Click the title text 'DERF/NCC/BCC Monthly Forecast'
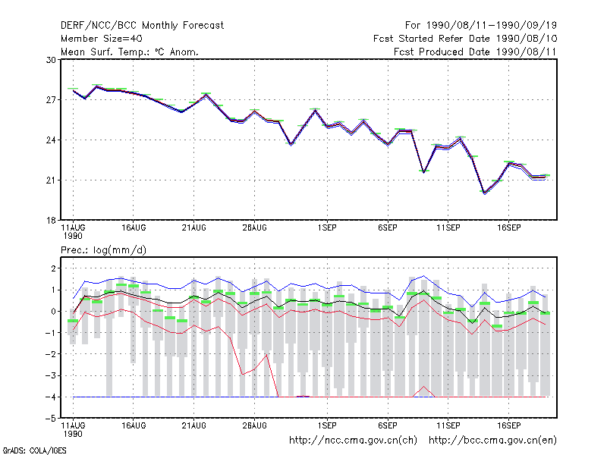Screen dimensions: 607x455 (x=142, y=26)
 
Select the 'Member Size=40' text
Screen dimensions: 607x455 (x=102, y=39)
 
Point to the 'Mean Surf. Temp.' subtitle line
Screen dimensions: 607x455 (x=130, y=52)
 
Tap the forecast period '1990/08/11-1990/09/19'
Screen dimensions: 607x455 (x=492, y=26)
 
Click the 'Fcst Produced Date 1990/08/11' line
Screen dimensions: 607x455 (x=475, y=52)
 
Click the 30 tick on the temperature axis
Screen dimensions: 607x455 (x=51, y=60)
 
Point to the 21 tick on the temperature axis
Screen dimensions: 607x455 (x=51, y=180)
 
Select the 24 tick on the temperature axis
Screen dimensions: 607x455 (x=51, y=140)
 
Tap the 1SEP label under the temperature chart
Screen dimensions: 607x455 (x=327, y=228)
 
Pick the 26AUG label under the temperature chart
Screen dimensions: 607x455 (x=254, y=228)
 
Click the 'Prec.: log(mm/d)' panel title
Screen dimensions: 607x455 (x=103, y=250)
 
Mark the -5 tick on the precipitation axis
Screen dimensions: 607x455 (x=51, y=419)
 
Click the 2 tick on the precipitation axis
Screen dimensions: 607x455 (x=53, y=268)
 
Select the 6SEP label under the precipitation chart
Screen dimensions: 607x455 (x=388, y=425)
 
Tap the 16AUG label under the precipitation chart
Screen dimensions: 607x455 (x=134, y=425)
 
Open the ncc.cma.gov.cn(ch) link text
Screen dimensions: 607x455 (x=353, y=441)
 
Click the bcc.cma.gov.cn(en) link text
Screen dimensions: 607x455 (x=492, y=441)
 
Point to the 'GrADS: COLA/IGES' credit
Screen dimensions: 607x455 (x=34, y=450)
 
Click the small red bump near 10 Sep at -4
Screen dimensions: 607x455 (x=424, y=387)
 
